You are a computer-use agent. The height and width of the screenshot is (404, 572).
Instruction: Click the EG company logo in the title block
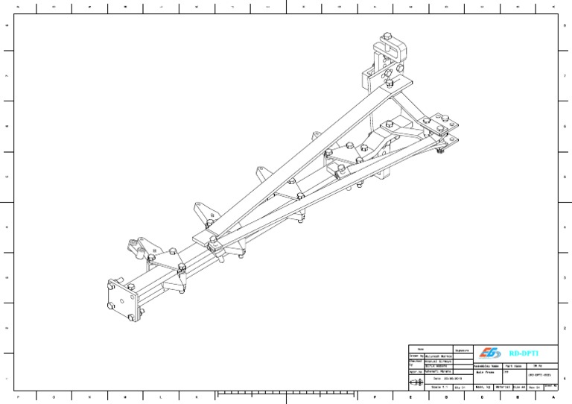pyautogui.click(x=490, y=353)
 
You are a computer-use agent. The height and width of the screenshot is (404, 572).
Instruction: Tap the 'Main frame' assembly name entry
pyautogui.click(x=486, y=373)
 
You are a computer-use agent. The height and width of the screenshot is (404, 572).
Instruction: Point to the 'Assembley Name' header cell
pyautogui.click(x=487, y=366)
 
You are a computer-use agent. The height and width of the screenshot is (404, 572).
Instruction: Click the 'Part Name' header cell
pyautogui.click(x=515, y=366)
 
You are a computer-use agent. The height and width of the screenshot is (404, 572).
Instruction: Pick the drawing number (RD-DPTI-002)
pyautogui.click(x=542, y=374)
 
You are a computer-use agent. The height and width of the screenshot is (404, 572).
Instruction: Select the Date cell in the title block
pyautogui.click(x=441, y=379)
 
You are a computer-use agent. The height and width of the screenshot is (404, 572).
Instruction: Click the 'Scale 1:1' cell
pyautogui.click(x=439, y=387)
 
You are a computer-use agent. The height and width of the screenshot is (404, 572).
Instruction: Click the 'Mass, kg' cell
pyautogui.click(x=483, y=387)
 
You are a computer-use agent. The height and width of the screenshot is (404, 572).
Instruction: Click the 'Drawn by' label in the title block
pyautogui.click(x=416, y=356)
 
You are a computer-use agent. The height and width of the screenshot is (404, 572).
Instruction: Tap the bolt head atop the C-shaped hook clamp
pyautogui.click(x=388, y=37)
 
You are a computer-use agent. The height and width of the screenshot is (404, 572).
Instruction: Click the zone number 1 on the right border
pyautogui.click(x=565, y=378)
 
